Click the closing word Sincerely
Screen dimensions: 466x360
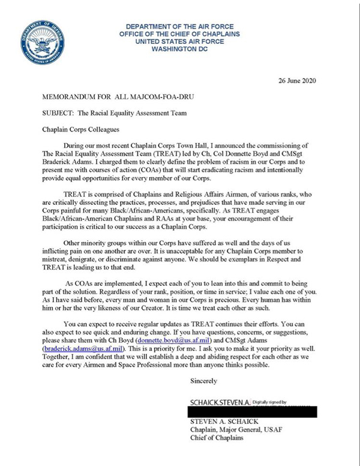[x=202, y=381]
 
